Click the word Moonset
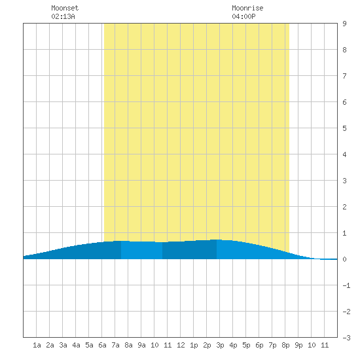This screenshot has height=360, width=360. pyautogui.click(x=65, y=8)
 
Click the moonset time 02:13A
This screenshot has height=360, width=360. pyautogui.click(x=63, y=16)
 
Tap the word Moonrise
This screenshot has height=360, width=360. pyautogui.click(x=247, y=8)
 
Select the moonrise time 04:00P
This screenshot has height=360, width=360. pyautogui.click(x=243, y=16)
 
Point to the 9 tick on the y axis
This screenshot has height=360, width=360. pyautogui.click(x=344, y=24)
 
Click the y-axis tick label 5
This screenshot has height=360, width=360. pyautogui.click(x=344, y=128)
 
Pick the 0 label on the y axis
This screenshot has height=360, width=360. pyautogui.click(x=344, y=259)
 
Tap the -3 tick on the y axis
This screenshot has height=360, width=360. pyautogui.click(x=346, y=338)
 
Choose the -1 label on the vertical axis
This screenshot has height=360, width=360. pyautogui.click(x=346, y=285)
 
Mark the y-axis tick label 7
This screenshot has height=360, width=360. pyautogui.click(x=344, y=76)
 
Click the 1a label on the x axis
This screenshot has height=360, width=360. pyautogui.click(x=37, y=345)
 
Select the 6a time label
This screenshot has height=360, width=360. pyautogui.click(x=102, y=345)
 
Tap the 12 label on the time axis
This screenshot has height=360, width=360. pyautogui.click(x=181, y=345)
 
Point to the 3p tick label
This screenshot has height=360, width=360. pyautogui.click(x=220, y=345)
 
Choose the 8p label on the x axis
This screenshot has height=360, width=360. pyautogui.click(x=285, y=345)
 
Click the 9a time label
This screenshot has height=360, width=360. pyautogui.click(x=141, y=345)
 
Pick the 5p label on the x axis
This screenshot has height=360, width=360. pyautogui.click(x=246, y=345)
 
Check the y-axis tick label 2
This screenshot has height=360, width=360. pyautogui.click(x=344, y=207)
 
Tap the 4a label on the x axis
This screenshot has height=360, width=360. pyautogui.click(x=76, y=345)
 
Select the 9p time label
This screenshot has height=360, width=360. pyautogui.click(x=298, y=345)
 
